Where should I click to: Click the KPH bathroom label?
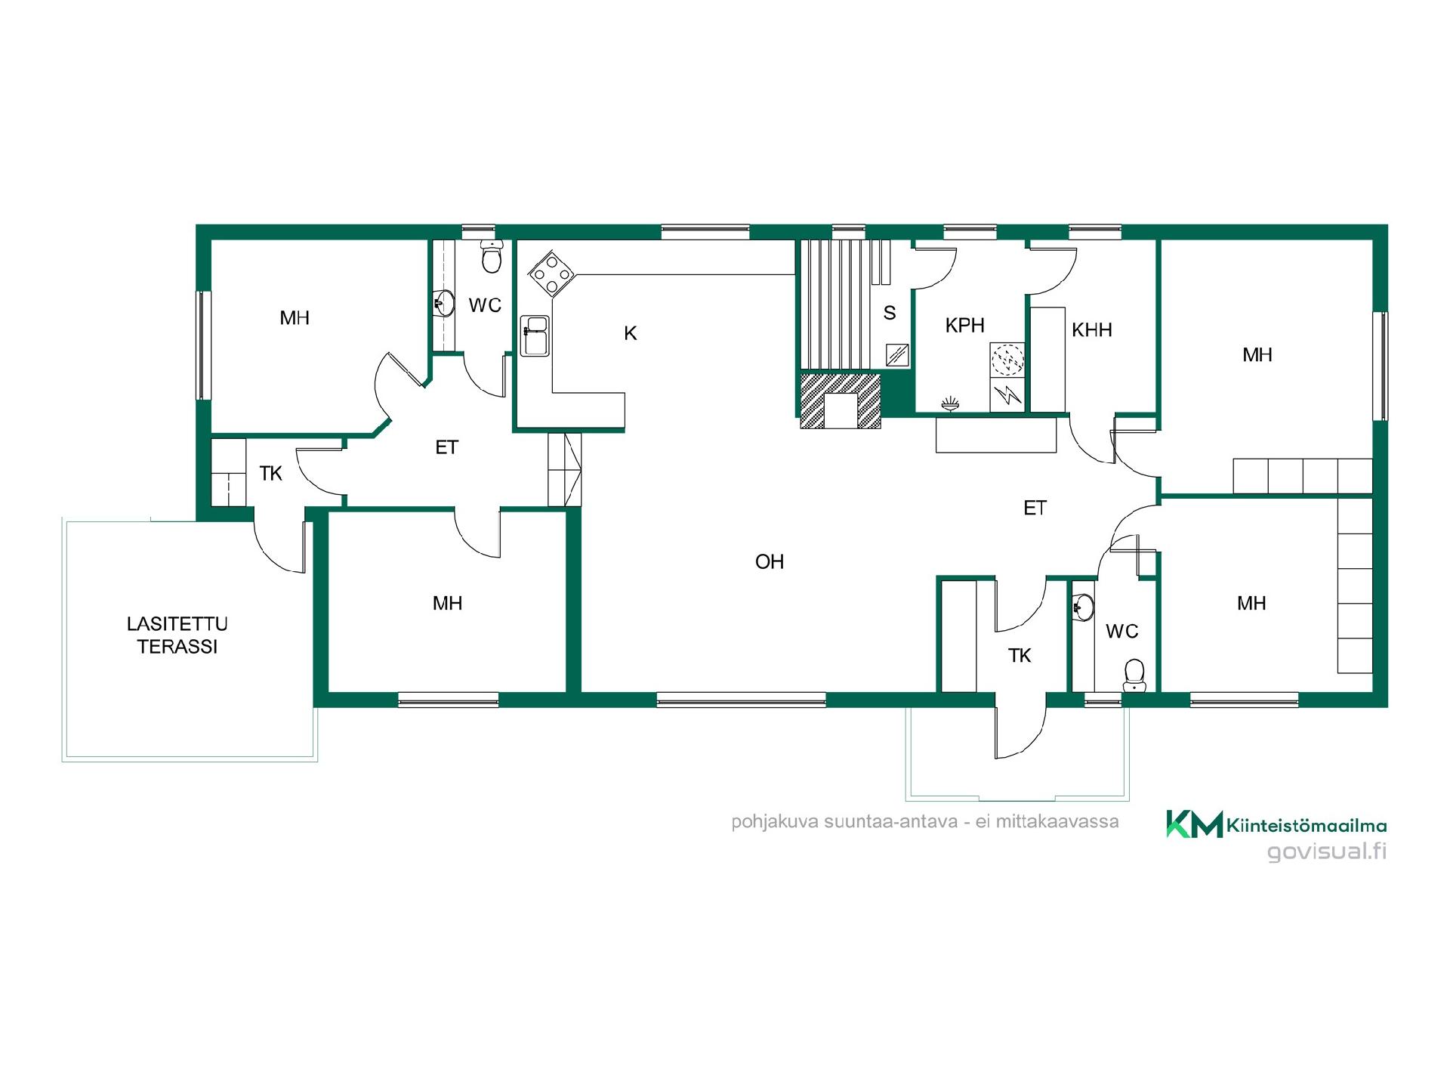pos(964,326)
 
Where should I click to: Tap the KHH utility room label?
pos(1091,330)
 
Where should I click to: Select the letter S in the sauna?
pos(890,313)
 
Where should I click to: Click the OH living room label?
pos(770,562)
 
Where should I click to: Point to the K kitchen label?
pos(631,333)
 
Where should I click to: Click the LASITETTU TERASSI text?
pos(177,635)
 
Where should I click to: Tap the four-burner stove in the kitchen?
pos(551,274)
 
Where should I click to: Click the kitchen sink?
pos(535,336)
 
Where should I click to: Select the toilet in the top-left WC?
pos(492,257)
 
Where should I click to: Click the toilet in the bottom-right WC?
pos(1134,675)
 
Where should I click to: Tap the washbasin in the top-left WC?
pos(444,304)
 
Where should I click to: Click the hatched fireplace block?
pos(841,400)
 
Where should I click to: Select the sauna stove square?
pos(896,355)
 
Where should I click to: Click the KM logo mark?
pos(1194,824)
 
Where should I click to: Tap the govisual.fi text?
pos(1327,852)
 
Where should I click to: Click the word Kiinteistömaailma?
pos(1307,826)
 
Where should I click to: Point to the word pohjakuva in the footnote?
pos(775,822)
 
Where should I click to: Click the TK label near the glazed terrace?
pos(270,474)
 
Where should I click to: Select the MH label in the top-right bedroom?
pos(1257,355)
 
